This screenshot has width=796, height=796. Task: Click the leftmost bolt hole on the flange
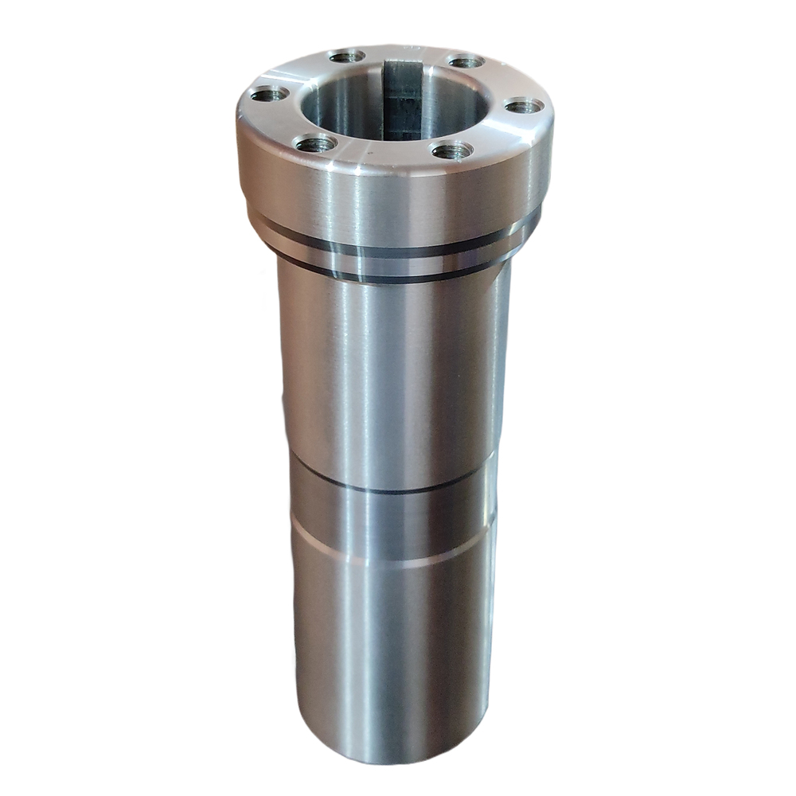269,94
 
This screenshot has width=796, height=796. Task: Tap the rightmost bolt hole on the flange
524,105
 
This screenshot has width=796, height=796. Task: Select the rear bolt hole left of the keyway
346,57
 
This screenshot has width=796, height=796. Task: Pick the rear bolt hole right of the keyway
466,61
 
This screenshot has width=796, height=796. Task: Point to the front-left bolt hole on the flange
316,144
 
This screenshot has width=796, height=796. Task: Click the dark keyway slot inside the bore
403,99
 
